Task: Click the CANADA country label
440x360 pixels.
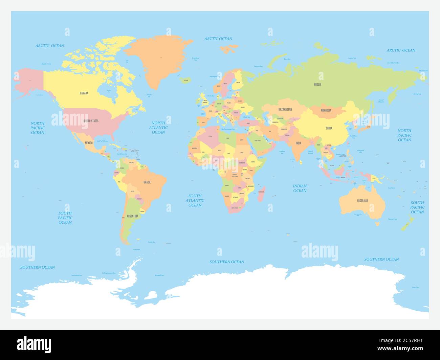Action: click(84, 93)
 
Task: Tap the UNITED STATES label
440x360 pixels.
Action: click(91, 121)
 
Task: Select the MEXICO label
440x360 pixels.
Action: click(89, 143)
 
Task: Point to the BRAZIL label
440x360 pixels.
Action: click(147, 182)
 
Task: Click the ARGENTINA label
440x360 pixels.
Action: click(132, 216)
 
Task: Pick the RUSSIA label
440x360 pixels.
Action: click(317, 84)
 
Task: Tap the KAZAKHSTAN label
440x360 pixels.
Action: click(285, 110)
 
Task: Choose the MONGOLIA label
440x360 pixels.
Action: click(326, 110)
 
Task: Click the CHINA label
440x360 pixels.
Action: click(329, 128)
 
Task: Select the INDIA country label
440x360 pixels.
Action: click(298, 143)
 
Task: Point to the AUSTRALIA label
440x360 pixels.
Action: click(362, 201)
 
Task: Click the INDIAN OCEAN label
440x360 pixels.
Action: click(300, 188)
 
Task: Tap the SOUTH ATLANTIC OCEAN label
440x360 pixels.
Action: click(195, 200)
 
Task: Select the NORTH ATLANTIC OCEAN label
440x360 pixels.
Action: click(158, 128)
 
